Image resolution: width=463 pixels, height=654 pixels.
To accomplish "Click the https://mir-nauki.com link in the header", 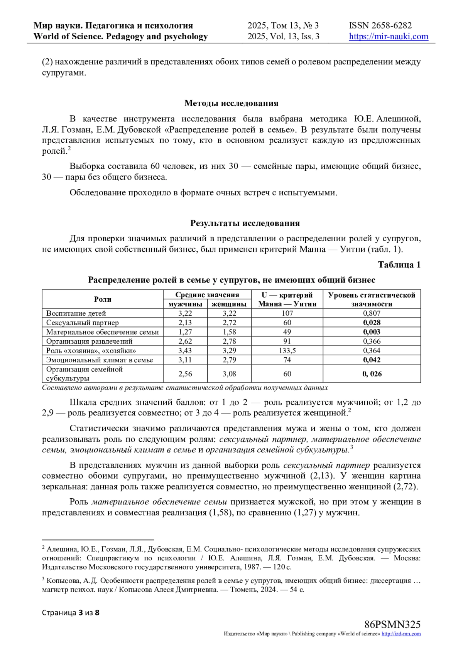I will click(389, 37).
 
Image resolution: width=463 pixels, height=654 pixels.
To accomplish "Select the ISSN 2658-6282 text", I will click(380, 25).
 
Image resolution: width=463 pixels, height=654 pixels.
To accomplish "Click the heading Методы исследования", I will click(231, 103).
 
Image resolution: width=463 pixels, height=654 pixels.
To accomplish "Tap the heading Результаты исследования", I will click(245, 224).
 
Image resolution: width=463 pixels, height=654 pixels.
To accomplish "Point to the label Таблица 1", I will click(399, 265).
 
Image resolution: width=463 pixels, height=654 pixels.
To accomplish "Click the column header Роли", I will click(103, 299).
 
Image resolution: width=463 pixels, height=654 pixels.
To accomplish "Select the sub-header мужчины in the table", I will click(186, 304).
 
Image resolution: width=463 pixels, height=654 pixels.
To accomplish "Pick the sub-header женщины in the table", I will click(229, 304).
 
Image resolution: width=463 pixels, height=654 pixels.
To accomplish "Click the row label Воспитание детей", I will click(76, 313).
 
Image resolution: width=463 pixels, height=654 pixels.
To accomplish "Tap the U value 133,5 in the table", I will click(287, 351).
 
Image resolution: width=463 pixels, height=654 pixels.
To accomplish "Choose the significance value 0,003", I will click(372, 332).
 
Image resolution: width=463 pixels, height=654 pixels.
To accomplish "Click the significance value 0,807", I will click(372, 313).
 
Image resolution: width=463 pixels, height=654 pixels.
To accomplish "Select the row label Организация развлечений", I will click(89, 341).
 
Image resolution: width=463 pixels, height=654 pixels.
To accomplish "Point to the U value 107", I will click(287, 313).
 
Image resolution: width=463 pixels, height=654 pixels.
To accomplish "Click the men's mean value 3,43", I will click(185, 351).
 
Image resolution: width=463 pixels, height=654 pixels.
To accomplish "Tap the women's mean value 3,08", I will click(229, 374).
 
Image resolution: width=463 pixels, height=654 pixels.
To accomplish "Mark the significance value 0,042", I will click(372, 360).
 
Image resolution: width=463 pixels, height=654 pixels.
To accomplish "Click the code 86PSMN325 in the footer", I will click(392, 625).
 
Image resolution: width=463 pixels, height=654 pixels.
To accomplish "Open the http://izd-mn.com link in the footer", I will click(401, 634).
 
